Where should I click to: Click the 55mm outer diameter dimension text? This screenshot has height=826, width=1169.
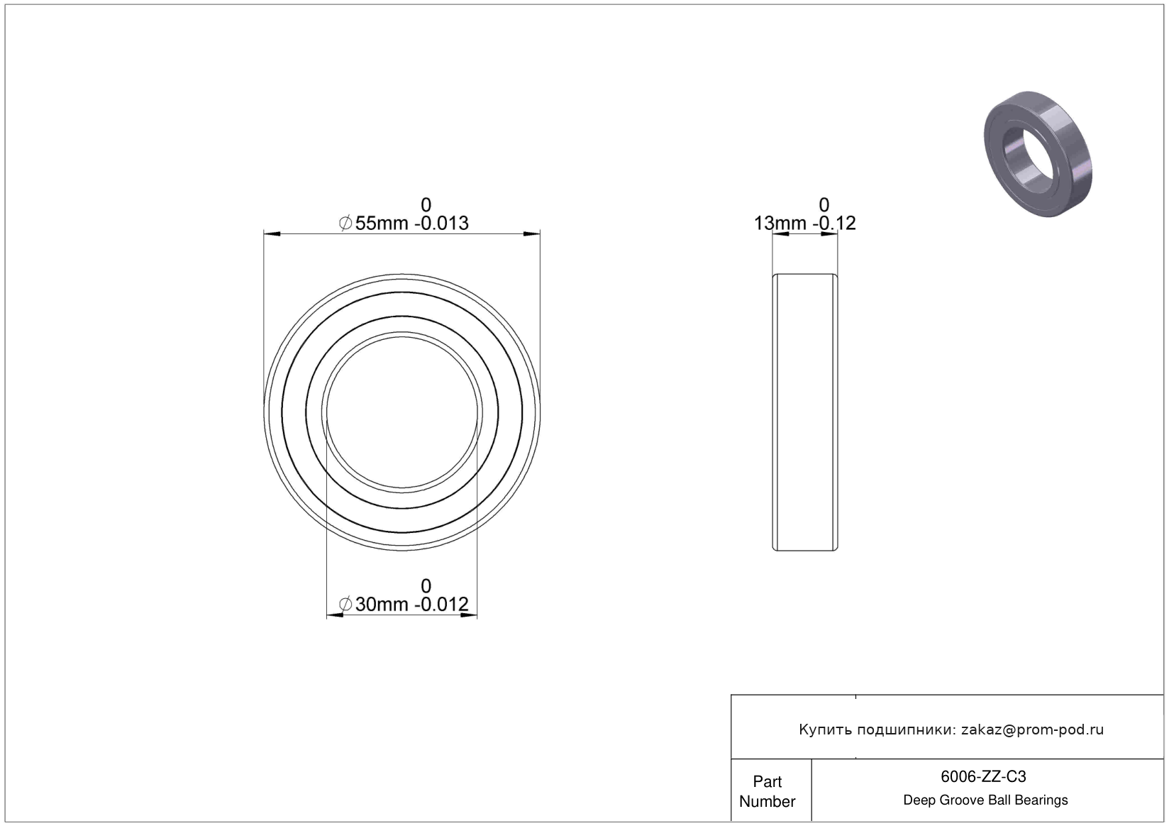click(382, 224)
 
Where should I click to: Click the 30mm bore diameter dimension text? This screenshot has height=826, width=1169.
click(382, 605)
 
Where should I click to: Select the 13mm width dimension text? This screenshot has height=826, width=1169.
click(780, 224)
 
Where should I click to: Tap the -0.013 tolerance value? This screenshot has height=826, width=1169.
click(441, 224)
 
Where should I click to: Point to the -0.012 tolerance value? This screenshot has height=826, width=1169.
click(441, 605)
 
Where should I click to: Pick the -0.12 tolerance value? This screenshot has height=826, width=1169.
click(834, 224)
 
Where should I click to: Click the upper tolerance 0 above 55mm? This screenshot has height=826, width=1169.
click(426, 204)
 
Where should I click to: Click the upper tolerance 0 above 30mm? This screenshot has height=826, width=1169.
click(426, 586)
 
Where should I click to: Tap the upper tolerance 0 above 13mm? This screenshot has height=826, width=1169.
click(824, 204)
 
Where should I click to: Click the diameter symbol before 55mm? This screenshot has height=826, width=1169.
click(345, 224)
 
